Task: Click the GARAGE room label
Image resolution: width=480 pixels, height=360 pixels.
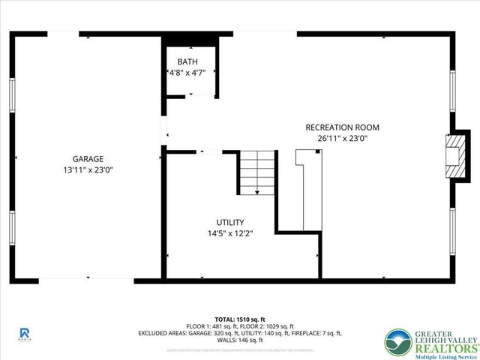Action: point(88,158)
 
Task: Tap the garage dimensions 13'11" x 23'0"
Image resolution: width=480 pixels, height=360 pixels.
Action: point(88,169)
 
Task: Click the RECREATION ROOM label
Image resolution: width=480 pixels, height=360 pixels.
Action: point(343,127)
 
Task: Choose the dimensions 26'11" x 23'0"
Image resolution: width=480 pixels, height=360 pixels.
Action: point(343,138)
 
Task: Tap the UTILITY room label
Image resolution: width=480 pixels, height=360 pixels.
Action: point(229,222)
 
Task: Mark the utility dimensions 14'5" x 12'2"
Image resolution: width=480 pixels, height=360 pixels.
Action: point(229,233)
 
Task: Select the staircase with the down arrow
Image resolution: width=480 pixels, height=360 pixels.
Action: point(257,172)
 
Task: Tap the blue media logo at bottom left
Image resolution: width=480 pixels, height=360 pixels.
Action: point(24,333)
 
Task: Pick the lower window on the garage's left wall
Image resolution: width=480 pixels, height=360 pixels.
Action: point(13,231)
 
